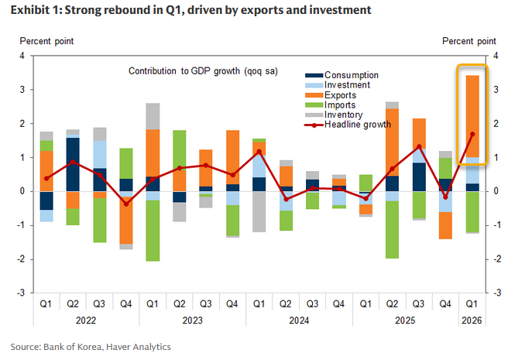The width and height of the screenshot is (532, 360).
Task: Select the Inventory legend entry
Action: [x=344, y=115]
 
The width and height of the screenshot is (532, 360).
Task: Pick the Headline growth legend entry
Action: [x=352, y=124]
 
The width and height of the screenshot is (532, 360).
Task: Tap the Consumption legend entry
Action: [x=352, y=74]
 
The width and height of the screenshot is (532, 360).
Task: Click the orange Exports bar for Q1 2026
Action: [x=472, y=116]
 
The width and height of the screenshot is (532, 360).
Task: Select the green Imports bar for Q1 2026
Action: [x=472, y=211]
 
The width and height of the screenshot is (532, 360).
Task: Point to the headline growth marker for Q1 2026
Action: [x=472, y=134]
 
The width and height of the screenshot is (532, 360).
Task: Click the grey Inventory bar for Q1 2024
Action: [x=259, y=211]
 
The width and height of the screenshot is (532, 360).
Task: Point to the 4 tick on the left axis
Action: [x=22, y=56]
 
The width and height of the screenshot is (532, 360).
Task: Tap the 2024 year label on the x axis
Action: [x=299, y=319]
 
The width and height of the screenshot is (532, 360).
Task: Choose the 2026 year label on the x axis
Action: [x=472, y=319]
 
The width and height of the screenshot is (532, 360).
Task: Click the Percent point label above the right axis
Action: [x=469, y=40]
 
